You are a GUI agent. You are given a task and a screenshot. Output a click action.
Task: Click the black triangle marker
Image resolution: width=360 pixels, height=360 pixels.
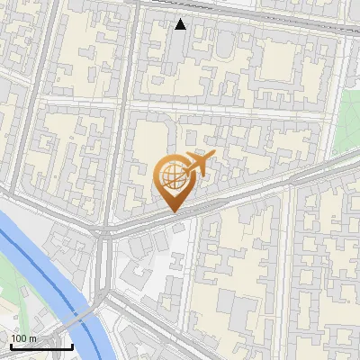(x=181, y=24)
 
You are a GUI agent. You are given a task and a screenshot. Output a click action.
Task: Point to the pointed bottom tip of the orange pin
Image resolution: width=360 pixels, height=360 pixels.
(x=172, y=211)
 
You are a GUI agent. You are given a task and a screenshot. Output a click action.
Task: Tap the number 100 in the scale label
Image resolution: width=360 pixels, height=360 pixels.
(x=20, y=338)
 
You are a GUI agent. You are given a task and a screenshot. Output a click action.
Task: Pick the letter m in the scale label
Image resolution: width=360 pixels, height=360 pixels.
(x=32, y=339)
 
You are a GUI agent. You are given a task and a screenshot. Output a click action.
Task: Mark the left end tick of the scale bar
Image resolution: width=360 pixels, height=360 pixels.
(x=10, y=345)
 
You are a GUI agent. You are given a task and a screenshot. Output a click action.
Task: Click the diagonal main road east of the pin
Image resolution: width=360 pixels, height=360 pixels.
(x=270, y=184)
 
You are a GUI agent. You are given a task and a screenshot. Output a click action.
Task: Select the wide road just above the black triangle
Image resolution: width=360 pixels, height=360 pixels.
(x=225, y=12)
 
